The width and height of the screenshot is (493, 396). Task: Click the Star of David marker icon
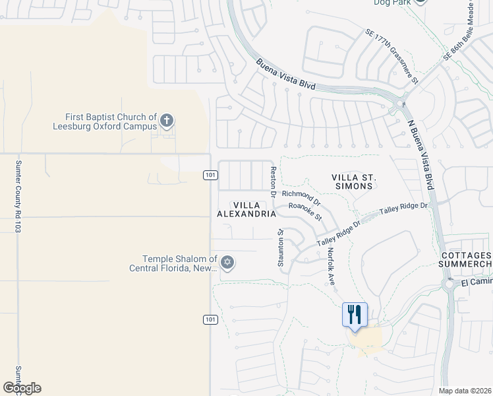click(x=227, y=263)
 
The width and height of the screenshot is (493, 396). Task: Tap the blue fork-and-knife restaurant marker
click(x=355, y=315)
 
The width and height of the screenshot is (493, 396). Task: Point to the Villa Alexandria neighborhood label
click(x=246, y=209)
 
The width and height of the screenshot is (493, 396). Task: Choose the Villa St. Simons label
click(x=353, y=181)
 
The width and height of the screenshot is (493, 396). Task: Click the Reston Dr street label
click(x=273, y=180)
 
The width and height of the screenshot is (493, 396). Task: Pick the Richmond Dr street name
click(x=301, y=197)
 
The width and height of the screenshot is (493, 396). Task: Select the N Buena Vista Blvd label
click(x=422, y=152)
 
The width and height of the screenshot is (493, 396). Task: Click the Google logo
click(x=22, y=388)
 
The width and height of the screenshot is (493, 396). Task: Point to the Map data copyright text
click(x=465, y=391)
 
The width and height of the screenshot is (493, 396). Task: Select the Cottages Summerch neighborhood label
click(x=466, y=259)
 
